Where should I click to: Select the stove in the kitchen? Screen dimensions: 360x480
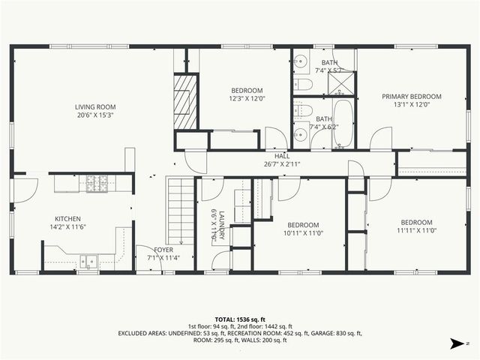(x=97, y=181)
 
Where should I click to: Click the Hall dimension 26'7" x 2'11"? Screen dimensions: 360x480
(x=281, y=163)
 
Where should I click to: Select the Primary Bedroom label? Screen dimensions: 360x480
(x=411, y=96)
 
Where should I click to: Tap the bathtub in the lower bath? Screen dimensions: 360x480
(x=343, y=124)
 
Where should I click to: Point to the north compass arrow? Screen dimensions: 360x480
(x=456, y=343)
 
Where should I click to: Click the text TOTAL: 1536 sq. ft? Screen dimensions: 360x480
(x=240, y=319)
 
